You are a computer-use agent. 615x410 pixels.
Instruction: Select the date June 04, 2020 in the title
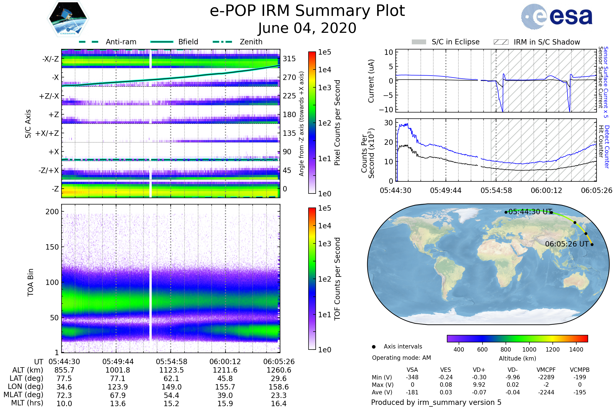pos(307,28)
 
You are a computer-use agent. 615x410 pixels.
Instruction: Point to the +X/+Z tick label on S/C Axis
pos(47,133)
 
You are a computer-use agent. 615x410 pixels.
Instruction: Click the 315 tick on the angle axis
pos(289,59)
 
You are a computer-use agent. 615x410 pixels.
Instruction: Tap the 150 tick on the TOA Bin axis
pos(52,247)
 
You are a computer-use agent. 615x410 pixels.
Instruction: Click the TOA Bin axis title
pos(30,282)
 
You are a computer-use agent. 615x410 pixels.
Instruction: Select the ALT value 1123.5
pos(171,370)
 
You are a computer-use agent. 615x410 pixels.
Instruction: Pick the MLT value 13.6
pos(118,403)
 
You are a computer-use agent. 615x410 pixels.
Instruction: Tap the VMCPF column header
pos(546,370)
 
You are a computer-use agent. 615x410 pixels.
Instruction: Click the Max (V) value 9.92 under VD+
pos(479,385)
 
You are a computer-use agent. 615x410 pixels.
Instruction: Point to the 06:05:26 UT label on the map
pos(567,244)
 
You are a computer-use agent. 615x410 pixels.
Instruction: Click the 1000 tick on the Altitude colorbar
pos(529,350)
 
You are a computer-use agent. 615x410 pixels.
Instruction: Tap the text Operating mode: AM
pos(401,358)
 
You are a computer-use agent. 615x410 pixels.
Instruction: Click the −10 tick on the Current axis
pos(386,110)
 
